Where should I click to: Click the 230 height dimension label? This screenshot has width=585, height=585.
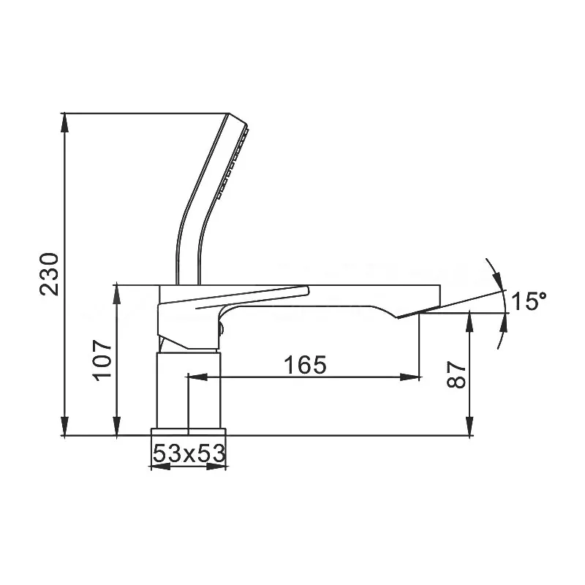[x=50, y=274]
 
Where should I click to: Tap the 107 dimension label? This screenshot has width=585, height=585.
[x=102, y=360]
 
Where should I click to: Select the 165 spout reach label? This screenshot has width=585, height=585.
[x=305, y=364]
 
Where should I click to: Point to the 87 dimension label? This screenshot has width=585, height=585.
[x=456, y=374]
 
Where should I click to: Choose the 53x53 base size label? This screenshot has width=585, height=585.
[x=189, y=453]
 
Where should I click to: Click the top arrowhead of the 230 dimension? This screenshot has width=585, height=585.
[x=65, y=122]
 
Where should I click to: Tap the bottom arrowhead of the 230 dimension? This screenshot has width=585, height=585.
[x=65, y=426]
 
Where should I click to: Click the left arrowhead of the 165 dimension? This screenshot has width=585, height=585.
[x=197, y=377]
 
